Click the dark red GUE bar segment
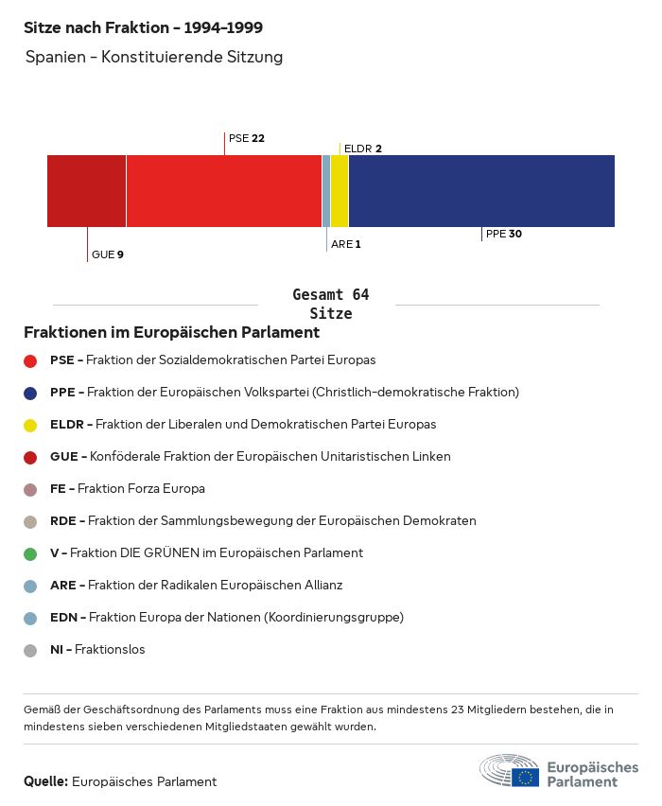pyautogui.click(x=86, y=191)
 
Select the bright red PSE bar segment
pyautogui.click(x=223, y=191)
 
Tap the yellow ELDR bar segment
pyautogui.click(x=340, y=191)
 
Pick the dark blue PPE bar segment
pyautogui.click(x=481, y=191)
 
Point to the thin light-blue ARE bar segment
pyautogui.click(x=326, y=191)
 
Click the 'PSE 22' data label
pyautogui.click(x=246, y=138)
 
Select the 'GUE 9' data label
pyautogui.click(x=108, y=254)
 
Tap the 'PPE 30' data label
pyautogui.click(x=504, y=234)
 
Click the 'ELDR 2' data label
pyautogui.click(x=362, y=149)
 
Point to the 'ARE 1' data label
pyautogui.click(x=346, y=244)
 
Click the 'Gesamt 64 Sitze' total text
pyautogui.click(x=331, y=304)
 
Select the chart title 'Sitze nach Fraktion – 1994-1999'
pyautogui.click(x=143, y=27)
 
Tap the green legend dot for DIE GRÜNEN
pyautogui.click(x=30, y=553)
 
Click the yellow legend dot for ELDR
pyautogui.click(x=30, y=425)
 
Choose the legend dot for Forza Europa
pyautogui.click(x=30, y=489)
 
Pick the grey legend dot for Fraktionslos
pyautogui.click(x=30, y=650)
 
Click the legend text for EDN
pyautogui.click(x=227, y=618)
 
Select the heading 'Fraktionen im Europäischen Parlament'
pyautogui.click(x=171, y=333)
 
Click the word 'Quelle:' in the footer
pyautogui.click(x=45, y=781)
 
